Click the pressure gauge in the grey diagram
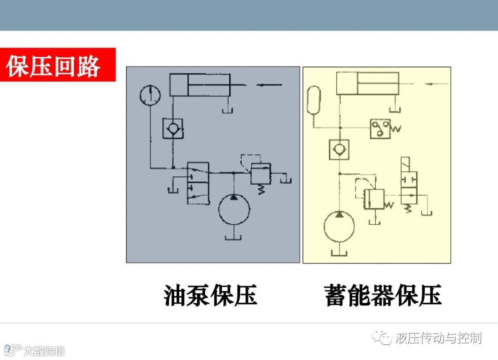(x=150, y=95)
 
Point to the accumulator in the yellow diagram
(x=313, y=100)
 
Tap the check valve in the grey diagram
(x=172, y=128)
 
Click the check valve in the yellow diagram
(x=339, y=149)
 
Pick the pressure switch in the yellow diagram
(x=380, y=128)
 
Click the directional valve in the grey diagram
(x=198, y=183)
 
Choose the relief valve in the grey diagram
(x=261, y=174)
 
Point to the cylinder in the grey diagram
(x=200, y=84)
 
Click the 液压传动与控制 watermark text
(x=438, y=338)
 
